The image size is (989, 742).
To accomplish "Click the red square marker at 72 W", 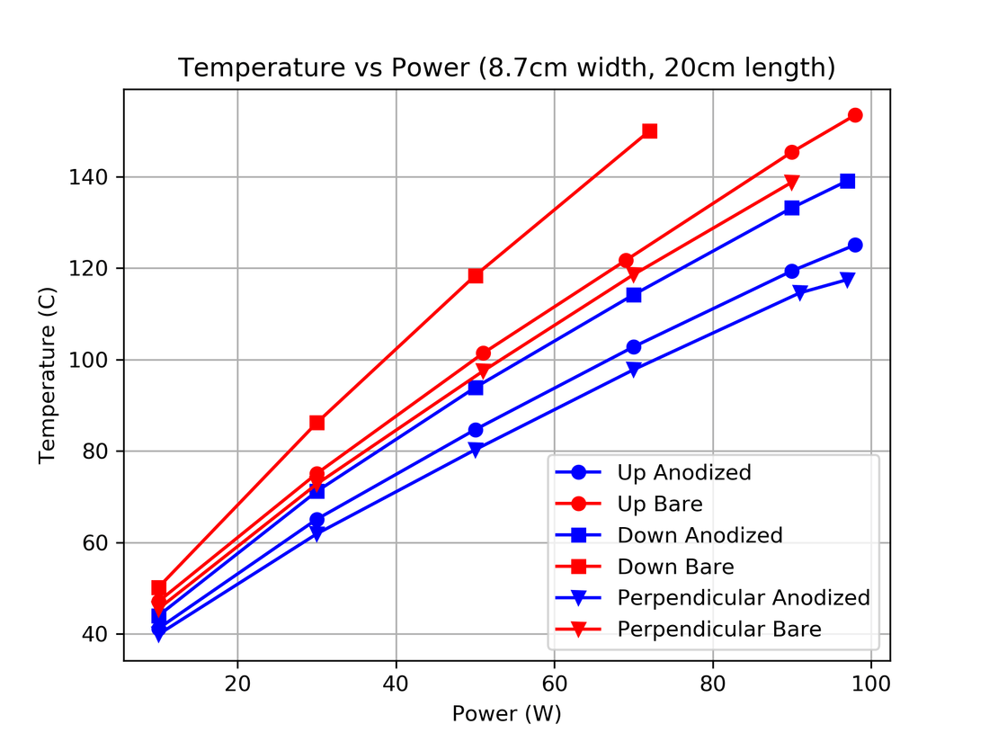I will (x=650, y=131).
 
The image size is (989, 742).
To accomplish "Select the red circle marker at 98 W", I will (x=855, y=115).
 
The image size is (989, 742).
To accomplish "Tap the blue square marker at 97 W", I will (x=847, y=181).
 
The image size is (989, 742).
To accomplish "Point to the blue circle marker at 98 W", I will (x=855, y=246).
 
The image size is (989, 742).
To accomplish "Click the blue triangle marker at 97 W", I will (x=847, y=280).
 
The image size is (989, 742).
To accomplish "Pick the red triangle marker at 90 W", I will (x=792, y=183).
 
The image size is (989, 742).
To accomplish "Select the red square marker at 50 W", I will (x=476, y=276).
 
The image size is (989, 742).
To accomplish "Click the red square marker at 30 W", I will (x=316, y=423).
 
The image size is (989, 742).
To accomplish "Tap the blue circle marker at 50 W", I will (x=476, y=430).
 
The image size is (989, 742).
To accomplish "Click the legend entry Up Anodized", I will (x=683, y=472).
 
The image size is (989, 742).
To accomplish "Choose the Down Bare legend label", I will (x=675, y=567).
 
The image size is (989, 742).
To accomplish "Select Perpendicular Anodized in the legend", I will (x=743, y=598).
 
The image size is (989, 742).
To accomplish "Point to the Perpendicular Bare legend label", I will (x=718, y=630).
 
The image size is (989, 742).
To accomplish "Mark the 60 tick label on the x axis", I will (x=555, y=684).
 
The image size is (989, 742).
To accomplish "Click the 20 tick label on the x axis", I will (x=237, y=684).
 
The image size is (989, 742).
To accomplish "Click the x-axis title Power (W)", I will (x=506, y=714).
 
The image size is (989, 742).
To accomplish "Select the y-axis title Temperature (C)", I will (x=48, y=373).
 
